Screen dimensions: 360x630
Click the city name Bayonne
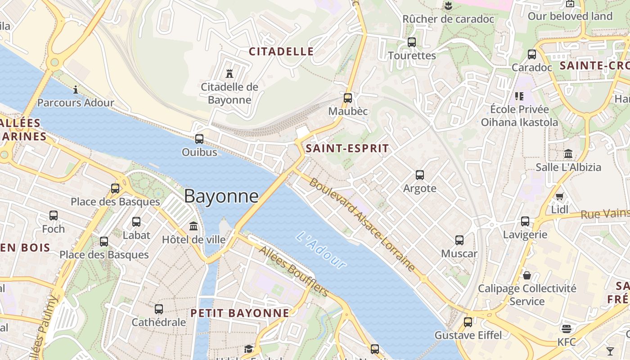(x=221, y=196)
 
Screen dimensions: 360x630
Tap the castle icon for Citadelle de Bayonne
(x=229, y=73)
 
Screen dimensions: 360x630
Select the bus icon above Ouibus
(x=199, y=139)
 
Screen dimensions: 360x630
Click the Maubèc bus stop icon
(x=348, y=98)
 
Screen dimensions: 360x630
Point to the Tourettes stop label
(x=412, y=56)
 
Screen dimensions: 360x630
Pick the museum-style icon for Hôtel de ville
(x=193, y=226)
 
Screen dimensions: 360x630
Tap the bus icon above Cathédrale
(x=159, y=309)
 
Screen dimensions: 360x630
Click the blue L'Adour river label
(x=322, y=250)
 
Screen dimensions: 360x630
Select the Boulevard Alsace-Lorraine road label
(x=362, y=225)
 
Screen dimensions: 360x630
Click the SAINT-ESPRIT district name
(x=347, y=148)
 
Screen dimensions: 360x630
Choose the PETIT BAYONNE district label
(x=240, y=313)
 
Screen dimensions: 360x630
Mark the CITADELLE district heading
(x=281, y=51)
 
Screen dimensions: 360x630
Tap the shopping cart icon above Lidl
(x=559, y=196)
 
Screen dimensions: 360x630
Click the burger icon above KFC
(x=566, y=328)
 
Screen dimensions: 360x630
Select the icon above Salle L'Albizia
(x=568, y=154)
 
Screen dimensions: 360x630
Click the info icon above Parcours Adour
(x=76, y=90)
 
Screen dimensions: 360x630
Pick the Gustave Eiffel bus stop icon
(x=468, y=322)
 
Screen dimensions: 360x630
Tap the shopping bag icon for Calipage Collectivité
(x=527, y=275)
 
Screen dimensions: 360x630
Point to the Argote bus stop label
(x=420, y=188)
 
